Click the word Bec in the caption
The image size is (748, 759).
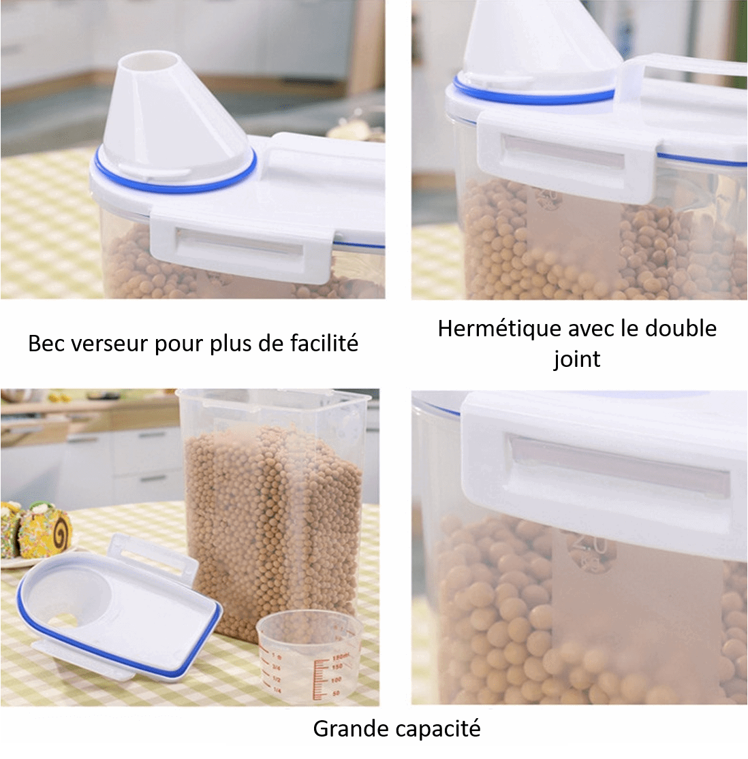coord(47,343)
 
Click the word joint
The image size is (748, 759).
coord(576,358)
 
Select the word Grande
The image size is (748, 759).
coord(345,729)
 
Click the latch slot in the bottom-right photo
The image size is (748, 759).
coord(617,465)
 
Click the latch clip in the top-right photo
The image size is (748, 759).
coord(569,157)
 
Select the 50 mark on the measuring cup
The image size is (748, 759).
coord(336,692)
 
